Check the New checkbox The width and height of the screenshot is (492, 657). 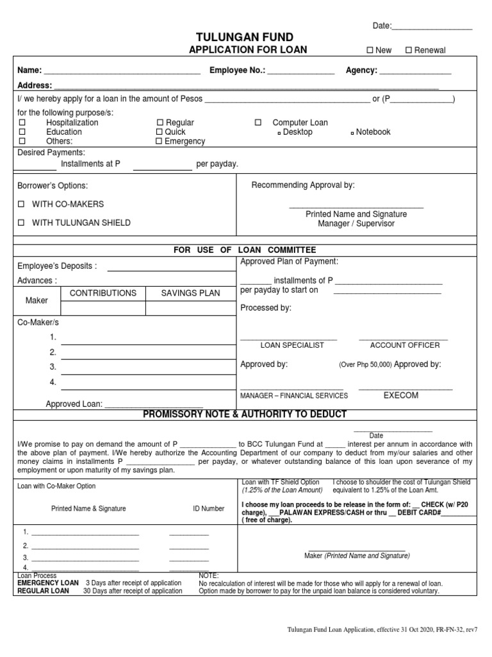(369, 51)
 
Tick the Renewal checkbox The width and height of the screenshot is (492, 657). (409, 51)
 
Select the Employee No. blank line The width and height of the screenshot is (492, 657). (300, 72)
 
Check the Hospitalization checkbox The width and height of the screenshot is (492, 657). (22, 123)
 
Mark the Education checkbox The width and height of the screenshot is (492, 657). (22, 132)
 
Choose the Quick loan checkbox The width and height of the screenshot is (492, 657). (160, 132)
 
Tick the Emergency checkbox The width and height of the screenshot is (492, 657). (160, 142)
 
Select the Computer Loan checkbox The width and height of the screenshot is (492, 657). (258, 123)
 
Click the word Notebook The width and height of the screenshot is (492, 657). (373, 132)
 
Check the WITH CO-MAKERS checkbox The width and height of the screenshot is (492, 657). (22, 204)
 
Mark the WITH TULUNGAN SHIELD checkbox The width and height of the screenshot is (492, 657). (22, 223)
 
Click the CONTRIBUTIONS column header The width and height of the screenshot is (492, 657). (102, 293)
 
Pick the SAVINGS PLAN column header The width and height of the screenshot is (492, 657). (190, 293)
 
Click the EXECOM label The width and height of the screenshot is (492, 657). (401, 395)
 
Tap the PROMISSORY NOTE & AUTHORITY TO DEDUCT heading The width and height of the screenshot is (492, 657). (245, 414)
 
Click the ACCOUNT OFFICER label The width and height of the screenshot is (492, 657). (405, 345)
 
